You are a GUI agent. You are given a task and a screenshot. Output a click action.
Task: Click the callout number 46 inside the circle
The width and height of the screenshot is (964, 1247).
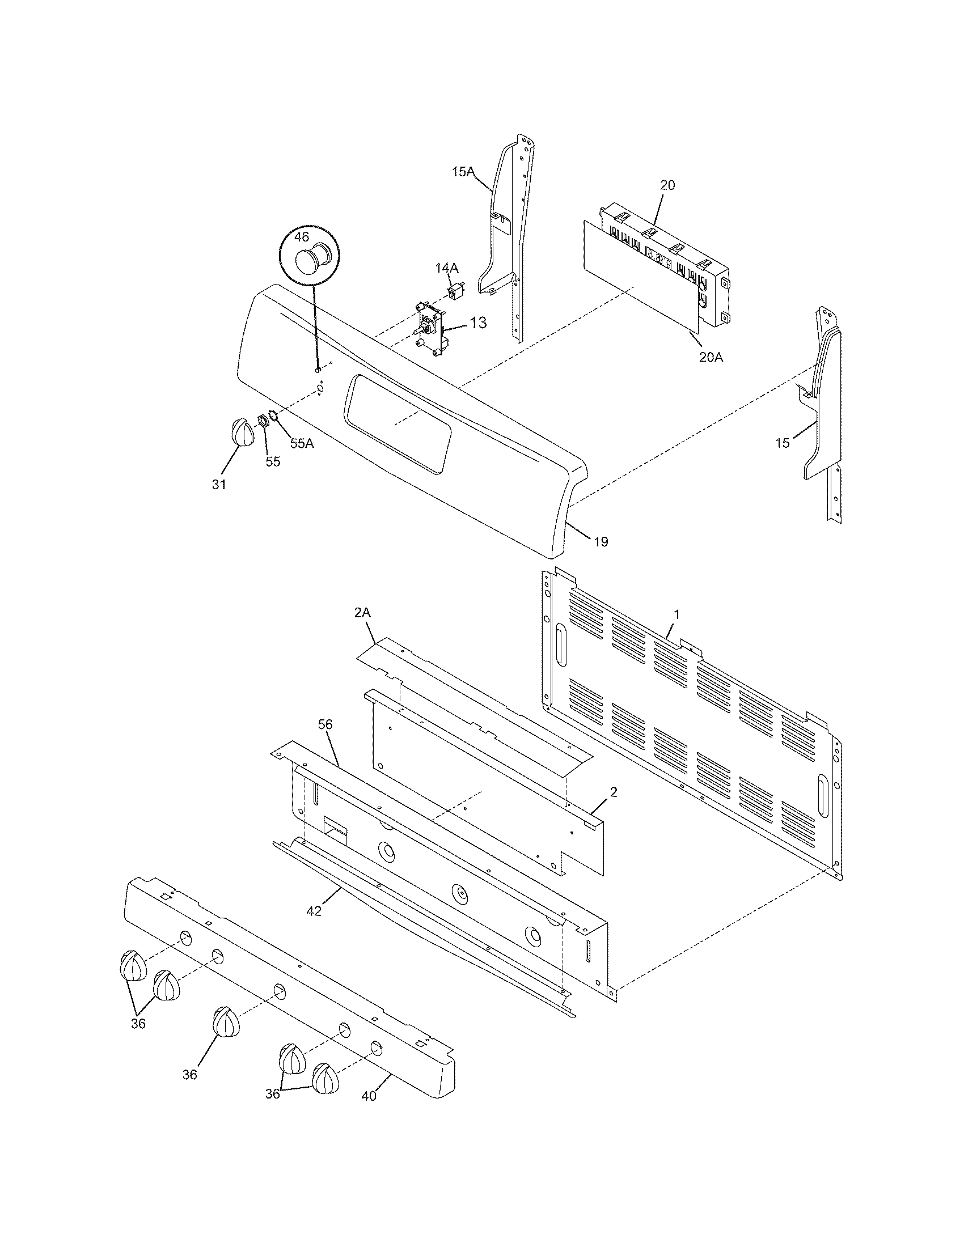[302, 236]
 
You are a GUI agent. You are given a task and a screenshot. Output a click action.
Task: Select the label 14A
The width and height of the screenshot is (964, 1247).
[447, 267]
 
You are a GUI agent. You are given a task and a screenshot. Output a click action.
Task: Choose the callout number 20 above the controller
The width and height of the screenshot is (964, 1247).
[667, 185]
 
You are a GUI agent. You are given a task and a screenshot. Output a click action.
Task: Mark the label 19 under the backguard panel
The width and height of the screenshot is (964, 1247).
[601, 541]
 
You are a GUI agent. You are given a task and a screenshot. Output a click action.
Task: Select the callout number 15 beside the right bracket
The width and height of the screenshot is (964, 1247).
[782, 443]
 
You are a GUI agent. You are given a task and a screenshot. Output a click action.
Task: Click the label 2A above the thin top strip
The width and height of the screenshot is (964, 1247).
[362, 613]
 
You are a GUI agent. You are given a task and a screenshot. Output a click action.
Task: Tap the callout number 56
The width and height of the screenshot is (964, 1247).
[325, 724]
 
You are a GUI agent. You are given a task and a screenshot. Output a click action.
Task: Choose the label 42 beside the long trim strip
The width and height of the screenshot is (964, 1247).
[314, 911]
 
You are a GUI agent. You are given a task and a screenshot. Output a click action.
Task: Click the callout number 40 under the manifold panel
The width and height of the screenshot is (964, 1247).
[369, 1096]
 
